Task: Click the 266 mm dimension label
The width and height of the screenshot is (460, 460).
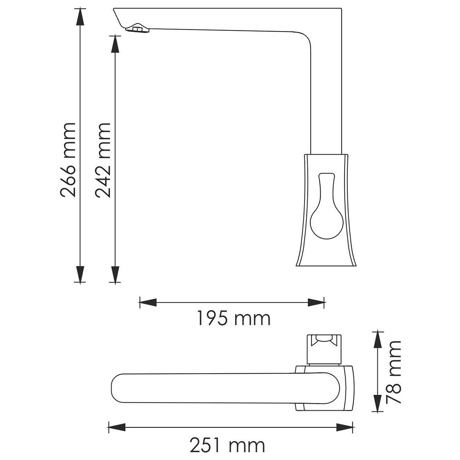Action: (68, 160)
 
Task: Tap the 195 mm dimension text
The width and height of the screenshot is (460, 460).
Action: (233, 318)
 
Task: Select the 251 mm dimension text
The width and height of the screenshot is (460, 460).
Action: (227, 445)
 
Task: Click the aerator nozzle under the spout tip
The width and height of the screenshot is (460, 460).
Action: (138, 29)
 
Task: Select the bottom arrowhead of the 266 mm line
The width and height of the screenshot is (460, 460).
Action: (81, 274)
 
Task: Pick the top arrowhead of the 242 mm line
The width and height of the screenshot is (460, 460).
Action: (115, 44)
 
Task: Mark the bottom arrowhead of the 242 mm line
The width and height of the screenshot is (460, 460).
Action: (115, 274)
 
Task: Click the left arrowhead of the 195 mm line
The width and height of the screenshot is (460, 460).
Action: (148, 303)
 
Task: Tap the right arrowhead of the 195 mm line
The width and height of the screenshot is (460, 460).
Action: (316, 303)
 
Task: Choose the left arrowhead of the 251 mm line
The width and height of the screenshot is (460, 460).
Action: (117, 427)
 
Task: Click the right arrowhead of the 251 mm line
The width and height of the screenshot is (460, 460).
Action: (345, 427)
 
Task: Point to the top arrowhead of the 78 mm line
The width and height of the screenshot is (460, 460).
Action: (378, 339)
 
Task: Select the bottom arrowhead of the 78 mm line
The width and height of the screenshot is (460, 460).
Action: (378, 403)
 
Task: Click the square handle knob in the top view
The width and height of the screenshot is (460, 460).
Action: (323, 349)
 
